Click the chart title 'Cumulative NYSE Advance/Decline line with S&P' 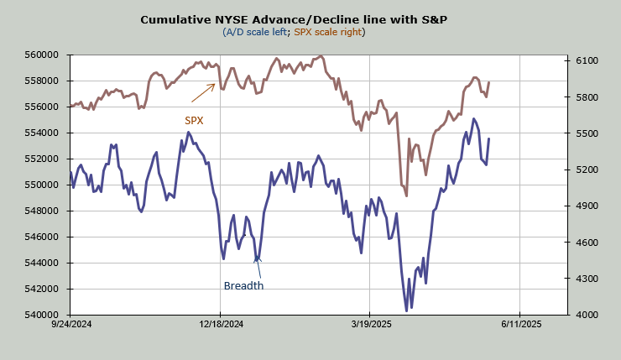tap(293, 19)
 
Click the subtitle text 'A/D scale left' tap(255, 32)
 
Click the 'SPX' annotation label tap(194, 120)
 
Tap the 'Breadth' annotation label tap(243, 285)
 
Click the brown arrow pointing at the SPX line tap(203, 92)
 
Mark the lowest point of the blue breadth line tap(407, 311)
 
